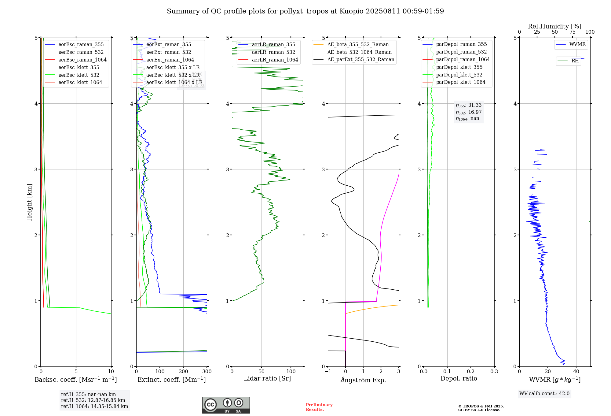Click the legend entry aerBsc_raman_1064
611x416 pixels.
click(82, 60)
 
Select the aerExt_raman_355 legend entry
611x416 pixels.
click(169, 45)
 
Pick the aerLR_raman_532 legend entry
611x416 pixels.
click(273, 52)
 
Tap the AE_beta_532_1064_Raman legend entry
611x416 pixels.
click(359, 52)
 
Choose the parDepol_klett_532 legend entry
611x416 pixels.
click(459, 75)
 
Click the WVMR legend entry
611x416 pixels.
click(577, 44)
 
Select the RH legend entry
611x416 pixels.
click(575, 61)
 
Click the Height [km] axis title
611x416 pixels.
click(29, 202)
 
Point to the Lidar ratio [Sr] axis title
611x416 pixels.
click(267, 378)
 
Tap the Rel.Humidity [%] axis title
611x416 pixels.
click(554, 26)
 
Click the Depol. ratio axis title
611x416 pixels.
click(459, 378)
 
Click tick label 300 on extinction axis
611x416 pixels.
click(207, 372)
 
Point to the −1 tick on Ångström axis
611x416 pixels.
click(328, 372)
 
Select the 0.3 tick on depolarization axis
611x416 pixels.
click(494, 372)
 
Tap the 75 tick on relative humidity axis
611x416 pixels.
click(572, 32)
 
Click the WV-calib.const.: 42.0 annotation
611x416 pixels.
click(544, 393)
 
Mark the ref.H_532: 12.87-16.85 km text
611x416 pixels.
click(93, 400)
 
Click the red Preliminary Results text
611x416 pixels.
click(319, 407)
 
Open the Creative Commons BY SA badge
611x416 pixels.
click(226, 405)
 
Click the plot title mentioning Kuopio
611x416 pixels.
click(305, 11)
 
